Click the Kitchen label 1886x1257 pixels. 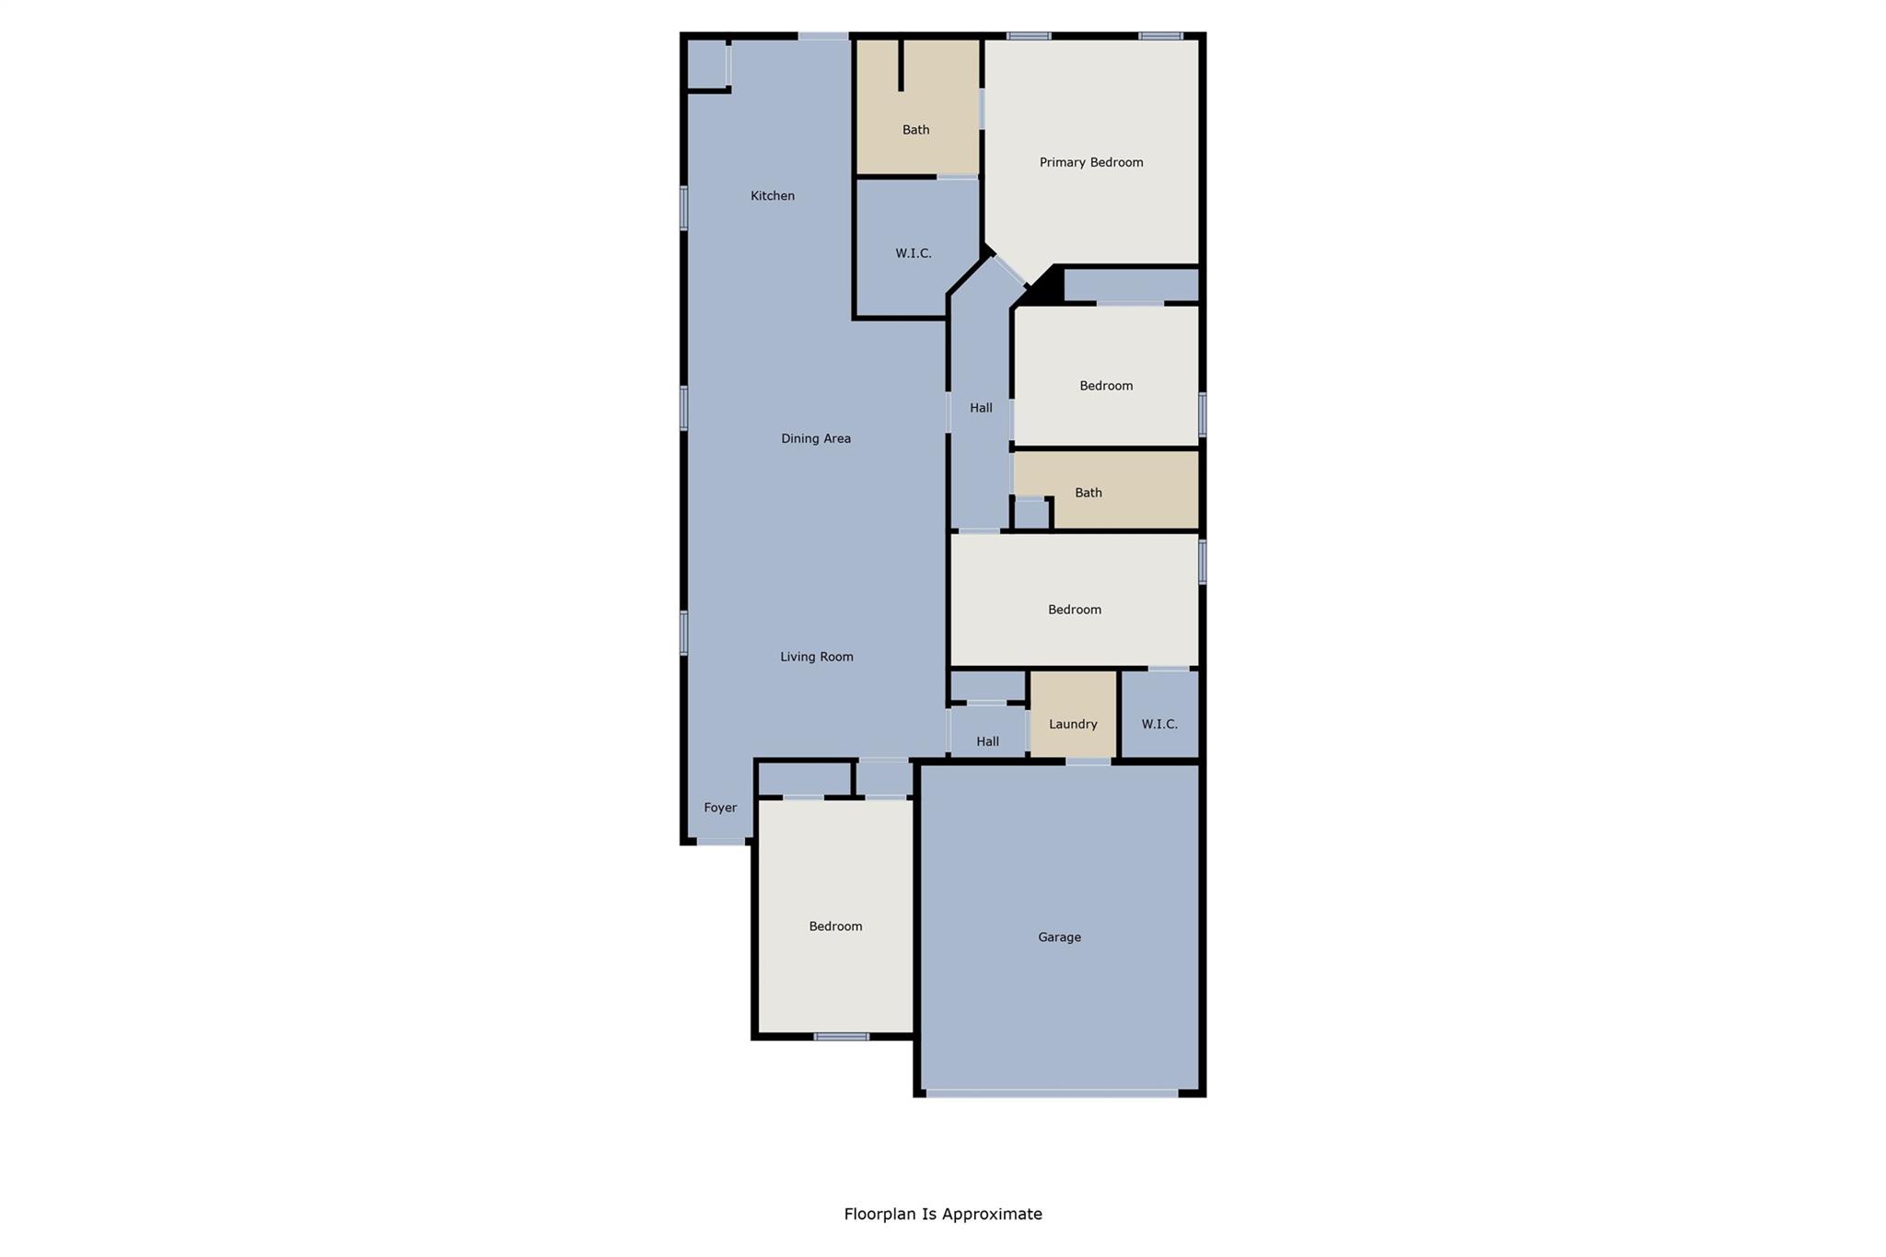pyautogui.click(x=772, y=195)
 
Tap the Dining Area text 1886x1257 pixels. pyautogui.click(x=816, y=438)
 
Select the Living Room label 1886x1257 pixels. pyautogui.click(x=817, y=657)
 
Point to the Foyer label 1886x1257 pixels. pyautogui.click(x=720, y=808)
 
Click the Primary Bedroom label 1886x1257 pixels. pyautogui.click(x=1091, y=162)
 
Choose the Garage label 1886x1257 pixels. pyautogui.click(x=1059, y=937)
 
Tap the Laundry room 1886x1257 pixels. pyautogui.click(x=1073, y=724)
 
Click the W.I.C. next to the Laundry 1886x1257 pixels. pyautogui.click(x=1159, y=724)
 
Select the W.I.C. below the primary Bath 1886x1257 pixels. pyautogui.click(x=914, y=253)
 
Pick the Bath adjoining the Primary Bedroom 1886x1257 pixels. pyautogui.click(x=915, y=130)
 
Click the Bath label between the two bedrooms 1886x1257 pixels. pyautogui.click(x=1089, y=493)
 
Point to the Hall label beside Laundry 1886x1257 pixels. pyautogui.click(x=987, y=741)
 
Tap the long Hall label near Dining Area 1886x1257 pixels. pyautogui.click(x=981, y=408)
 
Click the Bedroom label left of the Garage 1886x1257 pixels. pyautogui.click(x=835, y=926)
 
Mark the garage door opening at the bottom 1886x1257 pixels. pyautogui.click(x=1052, y=1093)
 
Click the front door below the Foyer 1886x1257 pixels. pyautogui.click(x=720, y=842)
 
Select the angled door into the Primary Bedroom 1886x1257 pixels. pyautogui.click(x=1009, y=272)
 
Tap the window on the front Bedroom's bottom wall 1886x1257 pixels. pyautogui.click(x=841, y=1037)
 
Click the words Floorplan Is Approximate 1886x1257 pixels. pyautogui.click(x=943, y=1214)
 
